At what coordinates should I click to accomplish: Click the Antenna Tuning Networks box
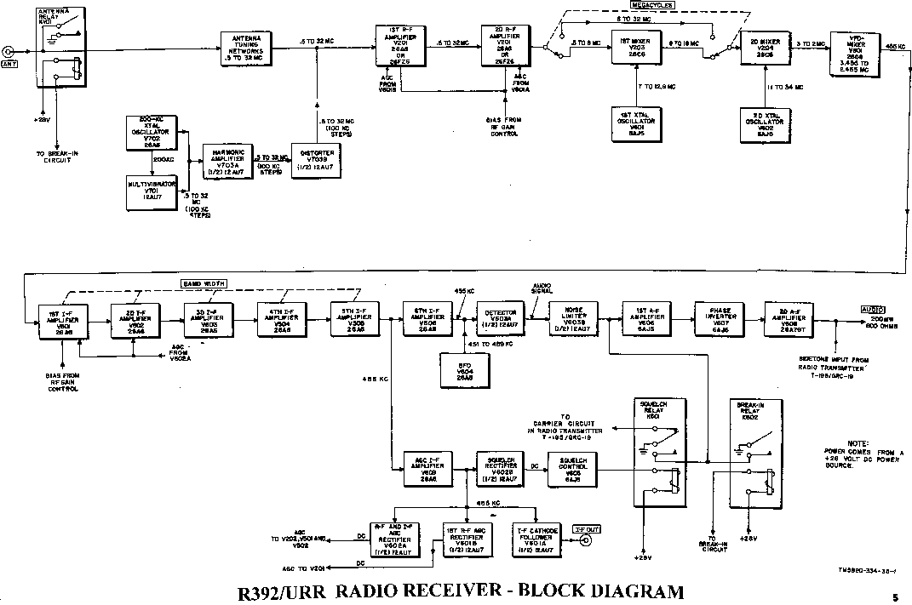(248, 49)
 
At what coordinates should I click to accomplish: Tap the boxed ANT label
(10, 65)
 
